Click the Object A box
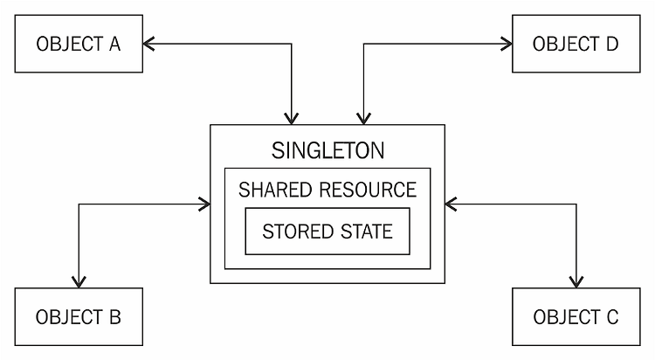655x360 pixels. pyautogui.click(x=79, y=44)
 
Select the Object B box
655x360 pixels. pyautogui.click(x=79, y=316)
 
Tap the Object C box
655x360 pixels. pyautogui.click(x=576, y=316)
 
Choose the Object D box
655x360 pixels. pyautogui.click(x=576, y=44)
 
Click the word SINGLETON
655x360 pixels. pyautogui.click(x=327, y=149)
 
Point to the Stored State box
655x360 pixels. pyautogui.click(x=327, y=232)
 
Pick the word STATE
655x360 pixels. pyautogui.click(x=365, y=232)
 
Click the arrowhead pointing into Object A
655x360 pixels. pyautogui.click(x=149, y=44)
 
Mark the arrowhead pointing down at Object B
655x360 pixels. pyautogui.click(x=79, y=281)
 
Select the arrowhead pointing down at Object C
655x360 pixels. pyautogui.click(x=576, y=281)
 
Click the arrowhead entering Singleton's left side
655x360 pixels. pyautogui.click(x=204, y=204)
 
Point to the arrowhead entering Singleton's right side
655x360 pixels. pyautogui.click(x=451, y=204)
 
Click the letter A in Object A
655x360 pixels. pyautogui.click(x=114, y=44)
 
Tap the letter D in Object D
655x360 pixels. pyautogui.click(x=610, y=44)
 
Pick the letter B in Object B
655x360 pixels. pyautogui.click(x=114, y=316)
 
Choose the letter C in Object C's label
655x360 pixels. pyautogui.click(x=610, y=316)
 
